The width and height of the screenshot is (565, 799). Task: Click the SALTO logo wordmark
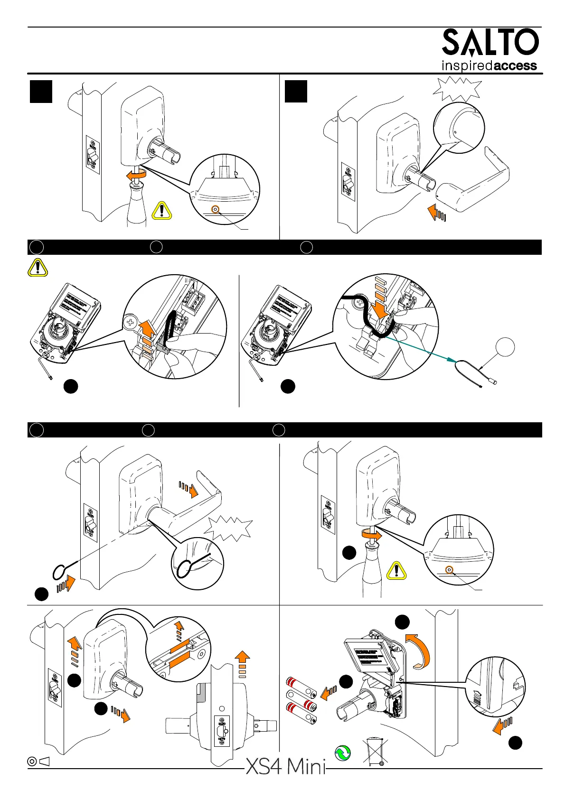[490, 42]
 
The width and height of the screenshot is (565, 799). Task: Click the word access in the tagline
[516, 65]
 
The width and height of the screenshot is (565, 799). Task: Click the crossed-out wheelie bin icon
[373, 752]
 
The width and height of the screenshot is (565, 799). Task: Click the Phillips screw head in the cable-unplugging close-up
[130, 324]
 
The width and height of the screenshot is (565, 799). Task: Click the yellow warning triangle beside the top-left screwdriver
[162, 210]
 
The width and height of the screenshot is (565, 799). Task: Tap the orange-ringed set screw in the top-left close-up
[216, 209]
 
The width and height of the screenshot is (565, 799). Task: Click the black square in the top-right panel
[296, 91]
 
